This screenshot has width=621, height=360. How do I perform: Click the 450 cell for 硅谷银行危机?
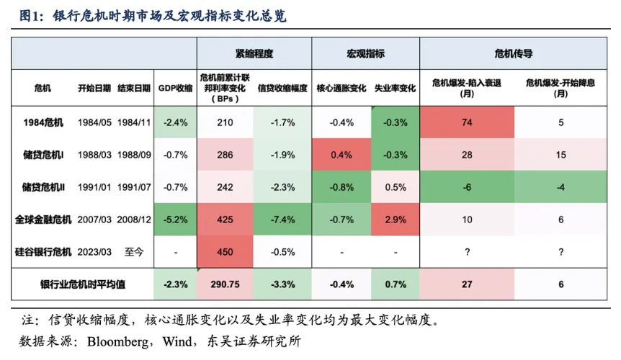[225, 251]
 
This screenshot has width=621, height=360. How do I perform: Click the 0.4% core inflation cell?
[341, 155]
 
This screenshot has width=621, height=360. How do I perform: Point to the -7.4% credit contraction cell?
[282, 219]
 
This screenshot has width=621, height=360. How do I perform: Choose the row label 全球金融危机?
[43, 219]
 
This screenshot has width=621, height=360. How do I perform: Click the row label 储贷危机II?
[43, 187]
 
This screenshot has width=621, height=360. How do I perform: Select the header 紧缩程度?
[254, 53]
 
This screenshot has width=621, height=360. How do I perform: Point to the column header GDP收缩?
[175, 89]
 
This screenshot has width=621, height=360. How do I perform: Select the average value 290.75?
[225, 284]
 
